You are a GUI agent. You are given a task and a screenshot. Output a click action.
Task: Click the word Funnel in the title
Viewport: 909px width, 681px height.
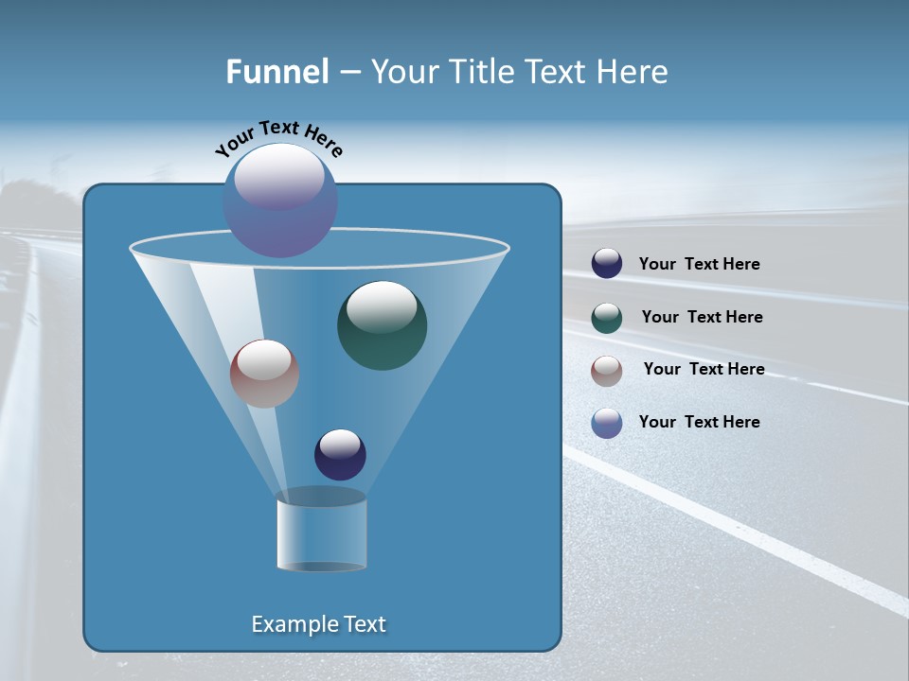click(276, 72)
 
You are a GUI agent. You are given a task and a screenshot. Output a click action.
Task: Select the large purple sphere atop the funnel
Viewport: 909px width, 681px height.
click(280, 201)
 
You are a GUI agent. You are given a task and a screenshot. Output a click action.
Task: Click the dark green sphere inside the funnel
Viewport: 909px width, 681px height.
click(383, 326)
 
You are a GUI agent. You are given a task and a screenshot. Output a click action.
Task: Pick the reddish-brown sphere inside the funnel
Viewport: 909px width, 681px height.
click(264, 374)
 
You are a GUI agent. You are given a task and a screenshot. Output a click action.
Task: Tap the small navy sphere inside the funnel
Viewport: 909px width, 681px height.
click(340, 455)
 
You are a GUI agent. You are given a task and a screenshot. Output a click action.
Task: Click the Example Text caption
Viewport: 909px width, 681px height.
click(318, 624)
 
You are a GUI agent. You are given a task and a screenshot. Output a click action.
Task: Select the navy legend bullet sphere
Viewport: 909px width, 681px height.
click(607, 263)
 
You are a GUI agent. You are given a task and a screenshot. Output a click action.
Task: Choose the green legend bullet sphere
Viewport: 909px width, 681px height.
click(607, 318)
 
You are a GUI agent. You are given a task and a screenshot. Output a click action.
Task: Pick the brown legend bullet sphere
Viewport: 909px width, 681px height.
click(607, 371)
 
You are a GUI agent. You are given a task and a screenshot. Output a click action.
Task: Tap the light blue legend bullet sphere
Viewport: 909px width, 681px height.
click(607, 423)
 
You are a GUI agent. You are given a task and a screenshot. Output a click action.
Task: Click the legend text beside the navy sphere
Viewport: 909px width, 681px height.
click(699, 264)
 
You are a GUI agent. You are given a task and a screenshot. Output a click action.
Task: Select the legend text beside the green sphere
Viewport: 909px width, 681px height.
click(702, 317)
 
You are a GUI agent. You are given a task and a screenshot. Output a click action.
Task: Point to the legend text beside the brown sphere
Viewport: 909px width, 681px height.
click(704, 369)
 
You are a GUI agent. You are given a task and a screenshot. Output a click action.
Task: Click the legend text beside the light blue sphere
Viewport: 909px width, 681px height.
click(699, 422)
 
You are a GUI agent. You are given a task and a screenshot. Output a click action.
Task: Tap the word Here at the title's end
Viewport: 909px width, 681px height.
click(634, 72)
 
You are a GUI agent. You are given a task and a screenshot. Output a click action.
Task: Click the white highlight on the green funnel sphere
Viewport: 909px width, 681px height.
click(382, 306)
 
